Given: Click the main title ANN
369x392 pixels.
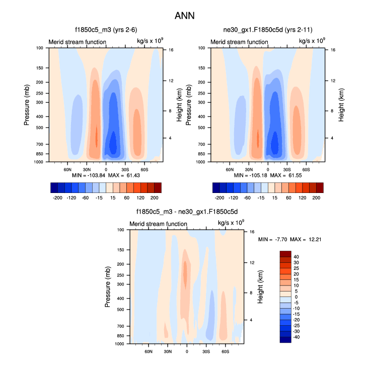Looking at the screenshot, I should tap(184, 16).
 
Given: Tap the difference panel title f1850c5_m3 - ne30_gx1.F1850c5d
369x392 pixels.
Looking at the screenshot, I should tap(186, 212).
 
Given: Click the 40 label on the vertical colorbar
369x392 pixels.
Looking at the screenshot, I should tap(297, 257).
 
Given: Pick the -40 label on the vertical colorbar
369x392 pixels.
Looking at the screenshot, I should tap(296, 337).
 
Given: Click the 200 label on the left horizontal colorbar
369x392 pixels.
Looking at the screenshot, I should tap(154, 199).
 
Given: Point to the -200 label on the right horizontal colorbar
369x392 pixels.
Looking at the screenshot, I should tap(220, 199).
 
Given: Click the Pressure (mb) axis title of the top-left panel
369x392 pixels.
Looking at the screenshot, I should tap(27, 105).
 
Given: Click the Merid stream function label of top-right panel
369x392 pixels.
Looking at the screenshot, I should tap(239, 42).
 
